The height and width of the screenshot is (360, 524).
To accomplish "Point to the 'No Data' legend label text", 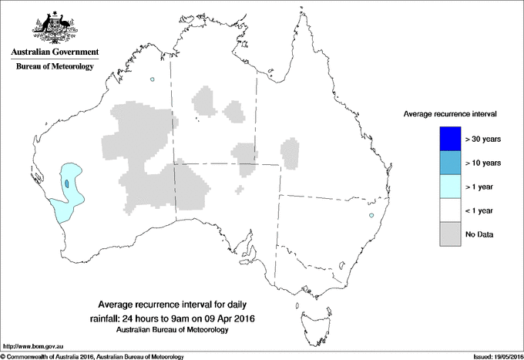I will (480, 234).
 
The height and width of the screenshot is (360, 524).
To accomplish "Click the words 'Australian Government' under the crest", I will (54, 52).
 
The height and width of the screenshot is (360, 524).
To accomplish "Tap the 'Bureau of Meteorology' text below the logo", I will (54, 67).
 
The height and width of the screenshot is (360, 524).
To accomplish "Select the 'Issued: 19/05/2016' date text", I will (489, 356).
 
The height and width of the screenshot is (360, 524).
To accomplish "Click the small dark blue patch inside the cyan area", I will (67, 183).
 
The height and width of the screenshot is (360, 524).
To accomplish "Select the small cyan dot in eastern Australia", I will (371, 215).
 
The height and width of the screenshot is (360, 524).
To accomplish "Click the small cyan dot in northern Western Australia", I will (153, 79).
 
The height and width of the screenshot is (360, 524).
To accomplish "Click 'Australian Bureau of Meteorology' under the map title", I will (173, 330).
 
